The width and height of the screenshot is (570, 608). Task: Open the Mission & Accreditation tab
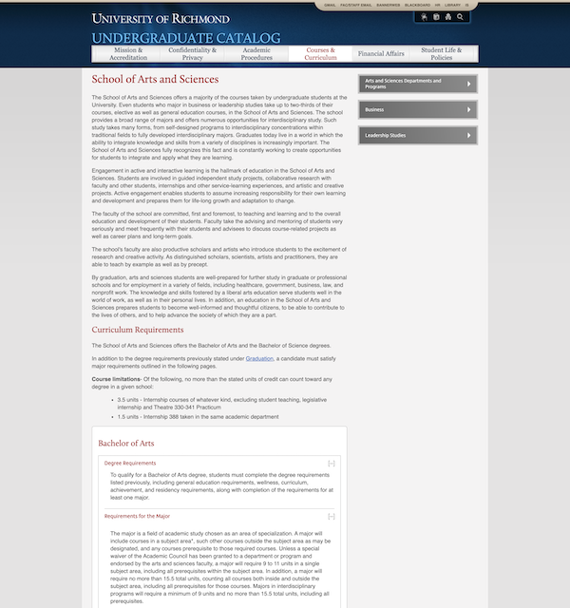point(128,53)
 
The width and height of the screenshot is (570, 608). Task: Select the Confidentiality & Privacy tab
point(193,53)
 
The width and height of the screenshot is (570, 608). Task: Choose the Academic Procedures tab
point(256,53)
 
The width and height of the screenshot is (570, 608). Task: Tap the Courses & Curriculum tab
point(321,53)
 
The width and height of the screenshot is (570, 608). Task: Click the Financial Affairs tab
point(381,54)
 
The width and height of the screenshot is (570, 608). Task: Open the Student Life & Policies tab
point(442,53)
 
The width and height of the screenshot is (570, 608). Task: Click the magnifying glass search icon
point(461,17)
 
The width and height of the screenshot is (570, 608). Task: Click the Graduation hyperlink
point(259,359)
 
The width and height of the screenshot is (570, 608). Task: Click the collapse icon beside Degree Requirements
point(332,463)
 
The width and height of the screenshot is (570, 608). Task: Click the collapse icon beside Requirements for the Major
point(332,516)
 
